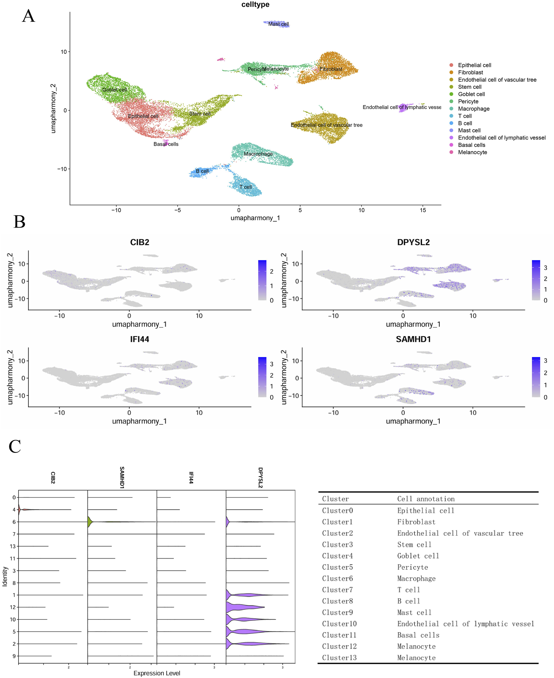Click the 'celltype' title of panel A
[x=255, y=4]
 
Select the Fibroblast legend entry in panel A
[x=471, y=73]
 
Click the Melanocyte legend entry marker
[x=451, y=152]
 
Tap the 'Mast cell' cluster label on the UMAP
[x=279, y=24]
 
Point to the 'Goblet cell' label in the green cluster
[x=114, y=90]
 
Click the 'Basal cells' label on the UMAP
[x=166, y=144]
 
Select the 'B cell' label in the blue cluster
[x=202, y=171]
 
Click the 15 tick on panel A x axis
[x=423, y=210]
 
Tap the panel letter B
[x=19, y=221]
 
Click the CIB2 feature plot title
[x=139, y=242]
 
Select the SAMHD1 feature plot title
[x=413, y=339]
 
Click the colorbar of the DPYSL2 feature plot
[x=536, y=280]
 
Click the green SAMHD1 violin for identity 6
[x=90, y=522]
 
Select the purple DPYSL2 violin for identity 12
[x=244, y=607]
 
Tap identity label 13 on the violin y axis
[x=13, y=546]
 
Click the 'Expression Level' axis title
[x=157, y=673]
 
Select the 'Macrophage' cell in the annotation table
[x=416, y=579]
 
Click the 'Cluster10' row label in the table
[x=339, y=624]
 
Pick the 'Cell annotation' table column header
[x=426, y=499]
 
